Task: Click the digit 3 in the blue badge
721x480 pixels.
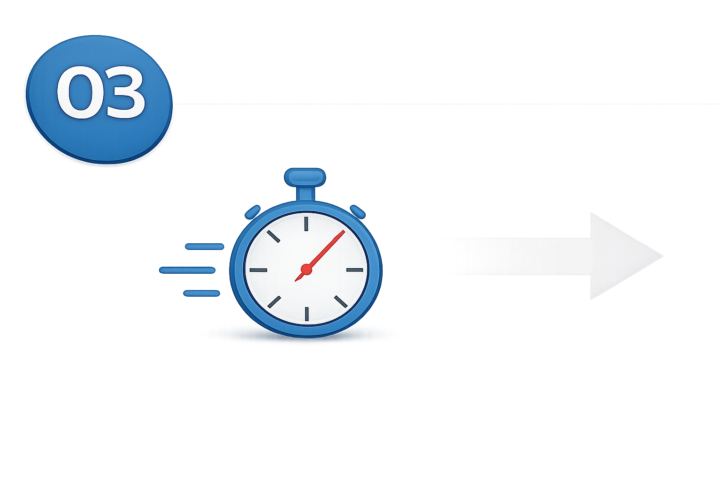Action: [x=123, y=92]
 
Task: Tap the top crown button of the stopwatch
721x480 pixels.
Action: [x=305, y=177]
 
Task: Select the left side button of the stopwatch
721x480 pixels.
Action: [x=253, y=212]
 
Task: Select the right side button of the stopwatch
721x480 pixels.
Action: [x=358, y=212]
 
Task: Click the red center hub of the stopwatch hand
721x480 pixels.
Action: [x=306, y=270]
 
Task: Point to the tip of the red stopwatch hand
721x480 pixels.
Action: [x=345, y=231]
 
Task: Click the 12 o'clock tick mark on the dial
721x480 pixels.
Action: [x=306, y=224]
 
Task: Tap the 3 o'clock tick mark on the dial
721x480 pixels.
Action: [x=355, y=270]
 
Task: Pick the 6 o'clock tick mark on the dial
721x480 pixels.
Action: [x=307, y=314]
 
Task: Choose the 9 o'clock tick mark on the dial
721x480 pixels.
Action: [x=259, y=270]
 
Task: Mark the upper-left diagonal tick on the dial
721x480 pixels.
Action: [x=273, y=236]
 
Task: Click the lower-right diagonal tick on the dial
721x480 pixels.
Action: [x=341, y=301]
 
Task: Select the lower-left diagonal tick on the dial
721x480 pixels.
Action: [x=274, y=302]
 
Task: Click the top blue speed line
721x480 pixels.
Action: [x=204, y=247]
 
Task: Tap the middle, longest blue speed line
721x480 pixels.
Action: [x=187, y=270]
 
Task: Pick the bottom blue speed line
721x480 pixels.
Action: [x=201, y=293]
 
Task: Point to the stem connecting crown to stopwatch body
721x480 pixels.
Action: [x=305, y=194]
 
